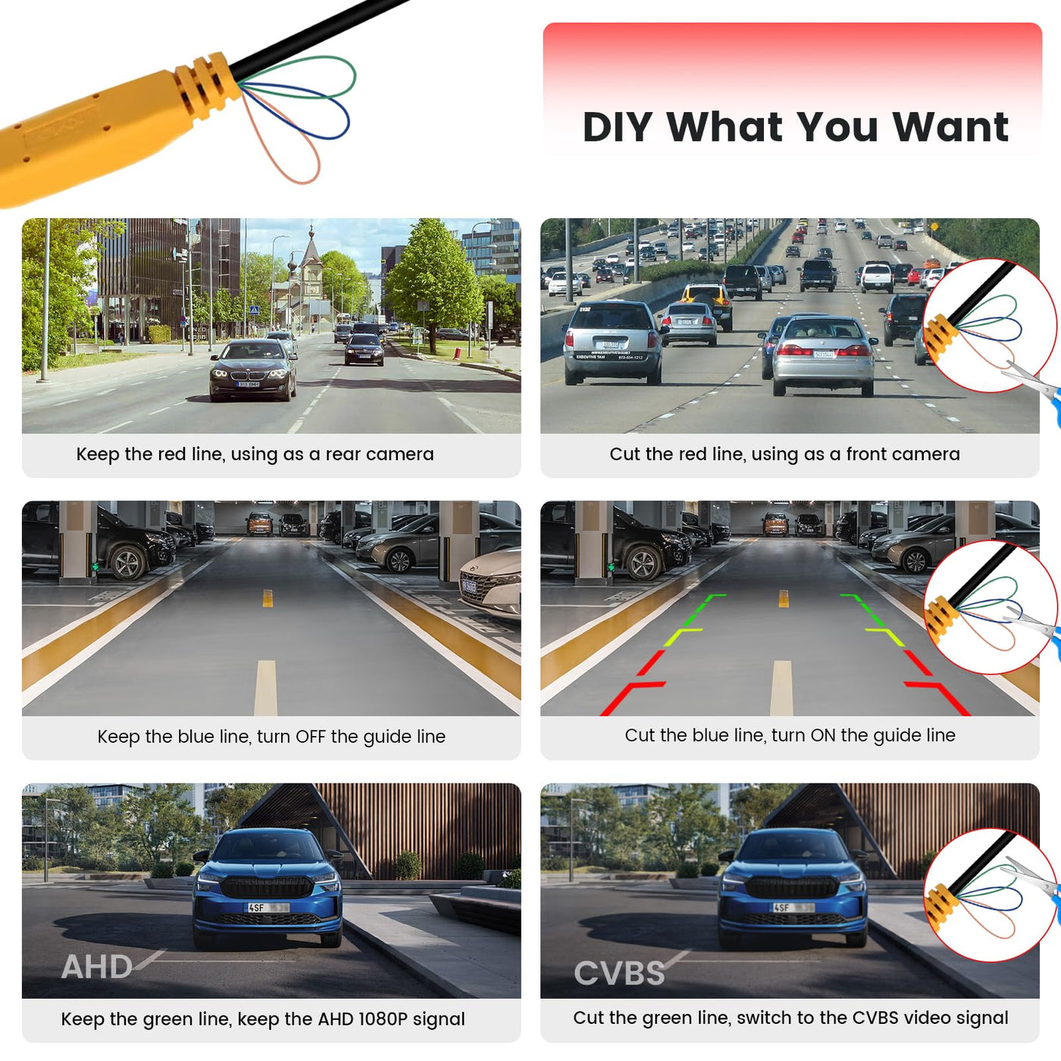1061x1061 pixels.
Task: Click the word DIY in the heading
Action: (617, 127)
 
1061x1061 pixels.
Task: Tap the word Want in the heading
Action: (950, 127)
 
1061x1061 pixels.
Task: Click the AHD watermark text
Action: (96, 967)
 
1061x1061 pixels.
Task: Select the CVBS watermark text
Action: (619, 973)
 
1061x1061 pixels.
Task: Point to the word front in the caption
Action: (863, 454)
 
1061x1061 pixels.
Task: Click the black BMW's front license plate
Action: (247, 384)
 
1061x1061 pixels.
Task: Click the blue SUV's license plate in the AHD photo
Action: (267, 907)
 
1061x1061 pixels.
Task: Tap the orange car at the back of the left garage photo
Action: (259, 524)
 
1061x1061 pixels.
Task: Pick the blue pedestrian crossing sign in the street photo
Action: (254, 311)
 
